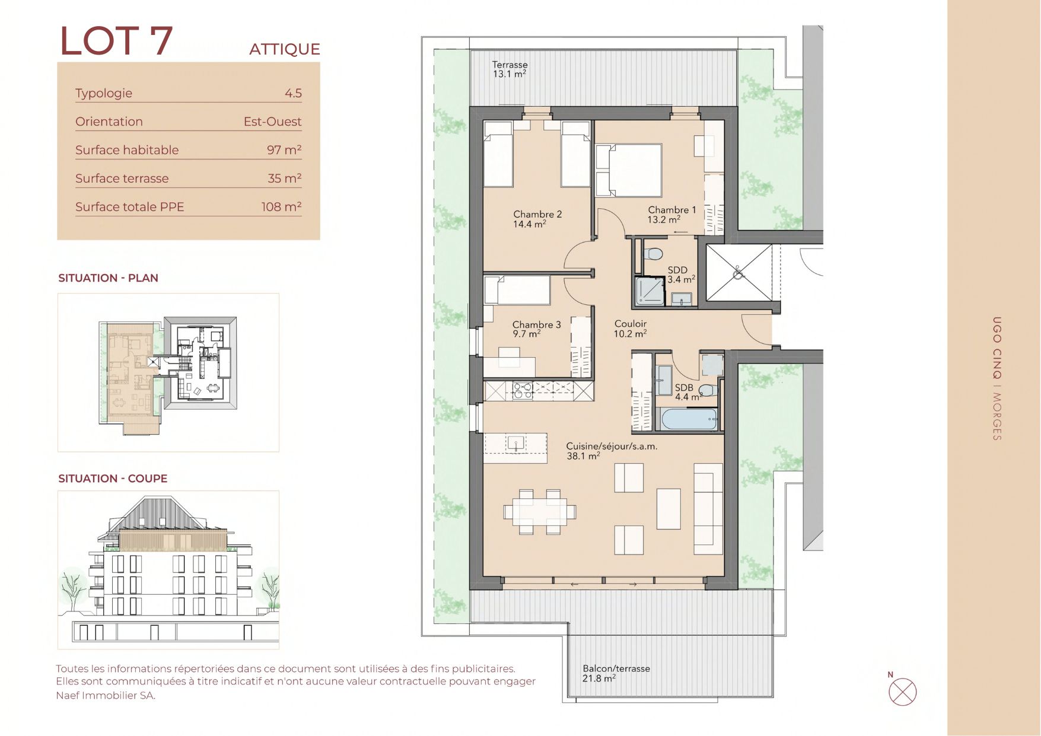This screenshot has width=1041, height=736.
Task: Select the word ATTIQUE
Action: pos(285,49)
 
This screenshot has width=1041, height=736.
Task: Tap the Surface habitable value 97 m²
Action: pos(284,149)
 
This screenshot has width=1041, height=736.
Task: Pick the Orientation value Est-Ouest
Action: pos(272,122)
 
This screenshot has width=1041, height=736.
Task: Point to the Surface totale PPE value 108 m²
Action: pos(281,206)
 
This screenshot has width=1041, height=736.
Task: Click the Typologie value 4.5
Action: pos(293,93)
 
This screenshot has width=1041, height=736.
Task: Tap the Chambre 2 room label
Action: pos(537,219)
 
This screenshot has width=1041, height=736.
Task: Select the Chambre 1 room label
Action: pos(671,215)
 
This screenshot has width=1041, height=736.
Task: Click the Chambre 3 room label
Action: pos(536,329)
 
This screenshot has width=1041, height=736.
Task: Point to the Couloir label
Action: pos(630,329)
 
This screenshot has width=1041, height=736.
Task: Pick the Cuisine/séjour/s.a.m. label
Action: pos(612,451)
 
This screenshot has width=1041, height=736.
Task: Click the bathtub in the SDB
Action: pos(689,419)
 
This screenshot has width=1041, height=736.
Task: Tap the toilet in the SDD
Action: pos(652,253)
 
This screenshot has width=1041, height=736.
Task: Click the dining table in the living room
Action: pos(540,511)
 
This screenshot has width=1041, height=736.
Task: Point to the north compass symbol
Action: pos(902,692)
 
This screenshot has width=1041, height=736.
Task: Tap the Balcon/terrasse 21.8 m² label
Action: pos(616,673)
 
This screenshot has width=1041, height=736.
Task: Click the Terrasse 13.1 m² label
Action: pos(510,69)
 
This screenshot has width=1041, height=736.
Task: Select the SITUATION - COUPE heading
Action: pos(113,479)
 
